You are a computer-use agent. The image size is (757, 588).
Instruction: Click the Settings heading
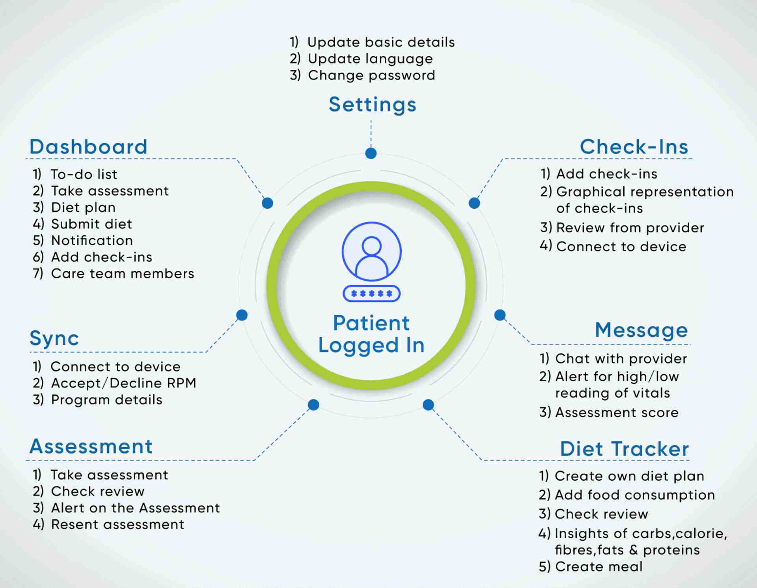[373, 105]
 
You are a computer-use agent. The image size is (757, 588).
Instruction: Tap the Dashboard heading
[88, 147]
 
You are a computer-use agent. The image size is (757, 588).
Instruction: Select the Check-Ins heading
[634, 147]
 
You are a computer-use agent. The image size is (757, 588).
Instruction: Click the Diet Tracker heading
[624, 449]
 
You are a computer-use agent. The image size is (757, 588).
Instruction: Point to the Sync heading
[54, 338]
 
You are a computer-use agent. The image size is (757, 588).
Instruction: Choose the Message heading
[641, 330]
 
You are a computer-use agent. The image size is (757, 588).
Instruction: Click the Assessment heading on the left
[91, 446]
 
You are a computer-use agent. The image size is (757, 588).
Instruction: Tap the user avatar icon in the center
[371, 251]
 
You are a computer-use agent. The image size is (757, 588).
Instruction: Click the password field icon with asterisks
[371, 293]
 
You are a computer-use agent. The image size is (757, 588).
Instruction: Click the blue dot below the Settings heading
[371, 153]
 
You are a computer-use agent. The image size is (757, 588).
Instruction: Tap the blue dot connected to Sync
[242, 315]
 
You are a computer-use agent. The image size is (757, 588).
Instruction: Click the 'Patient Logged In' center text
[371, 334]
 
